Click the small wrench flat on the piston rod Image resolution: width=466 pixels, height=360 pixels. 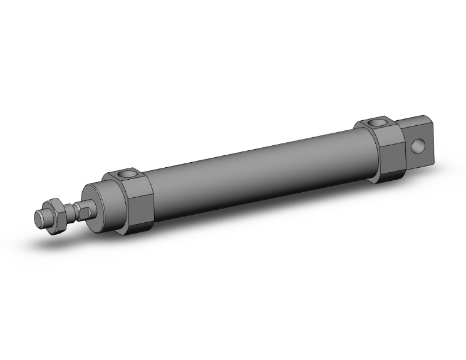click(81, 209)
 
